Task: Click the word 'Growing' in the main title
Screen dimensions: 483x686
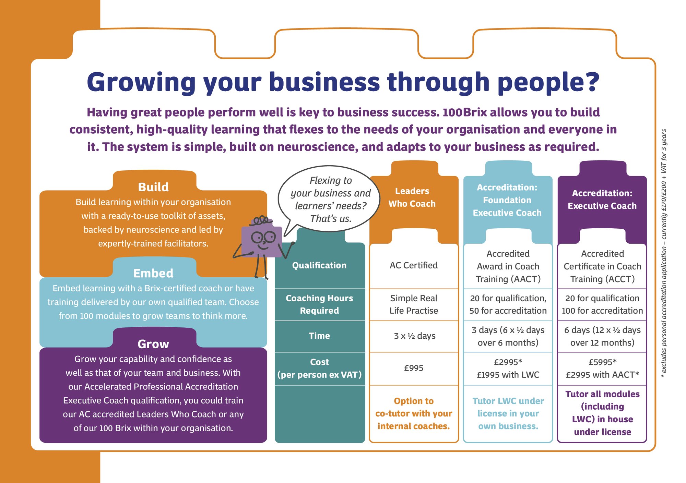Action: pos(141,83)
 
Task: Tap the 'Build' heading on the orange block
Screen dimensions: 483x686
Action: pos(153,187)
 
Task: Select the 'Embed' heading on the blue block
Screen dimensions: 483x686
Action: pos(153,273)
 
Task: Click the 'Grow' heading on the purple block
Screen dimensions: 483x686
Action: pos(153,344)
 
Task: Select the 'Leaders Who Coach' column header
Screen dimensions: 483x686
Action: pos(412,197)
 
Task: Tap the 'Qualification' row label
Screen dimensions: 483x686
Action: pos(319,265)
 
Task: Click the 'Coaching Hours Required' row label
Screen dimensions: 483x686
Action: pos(319,304)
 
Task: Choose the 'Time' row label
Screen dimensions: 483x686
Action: pos(319,336)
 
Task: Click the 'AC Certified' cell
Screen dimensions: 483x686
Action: pos(414,265)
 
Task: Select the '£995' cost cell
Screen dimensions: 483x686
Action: pos(414,368)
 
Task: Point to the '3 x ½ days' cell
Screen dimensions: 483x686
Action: pos(414,336)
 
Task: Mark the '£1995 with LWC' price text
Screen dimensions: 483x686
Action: pos(508,375)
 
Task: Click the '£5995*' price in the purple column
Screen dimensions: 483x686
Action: pos(602,362)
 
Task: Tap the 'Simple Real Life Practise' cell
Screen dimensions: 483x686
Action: pos(414,304)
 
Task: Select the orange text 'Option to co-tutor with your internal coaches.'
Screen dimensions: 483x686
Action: pos(414,413)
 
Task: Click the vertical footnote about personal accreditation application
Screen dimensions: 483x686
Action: pos(664,254)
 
